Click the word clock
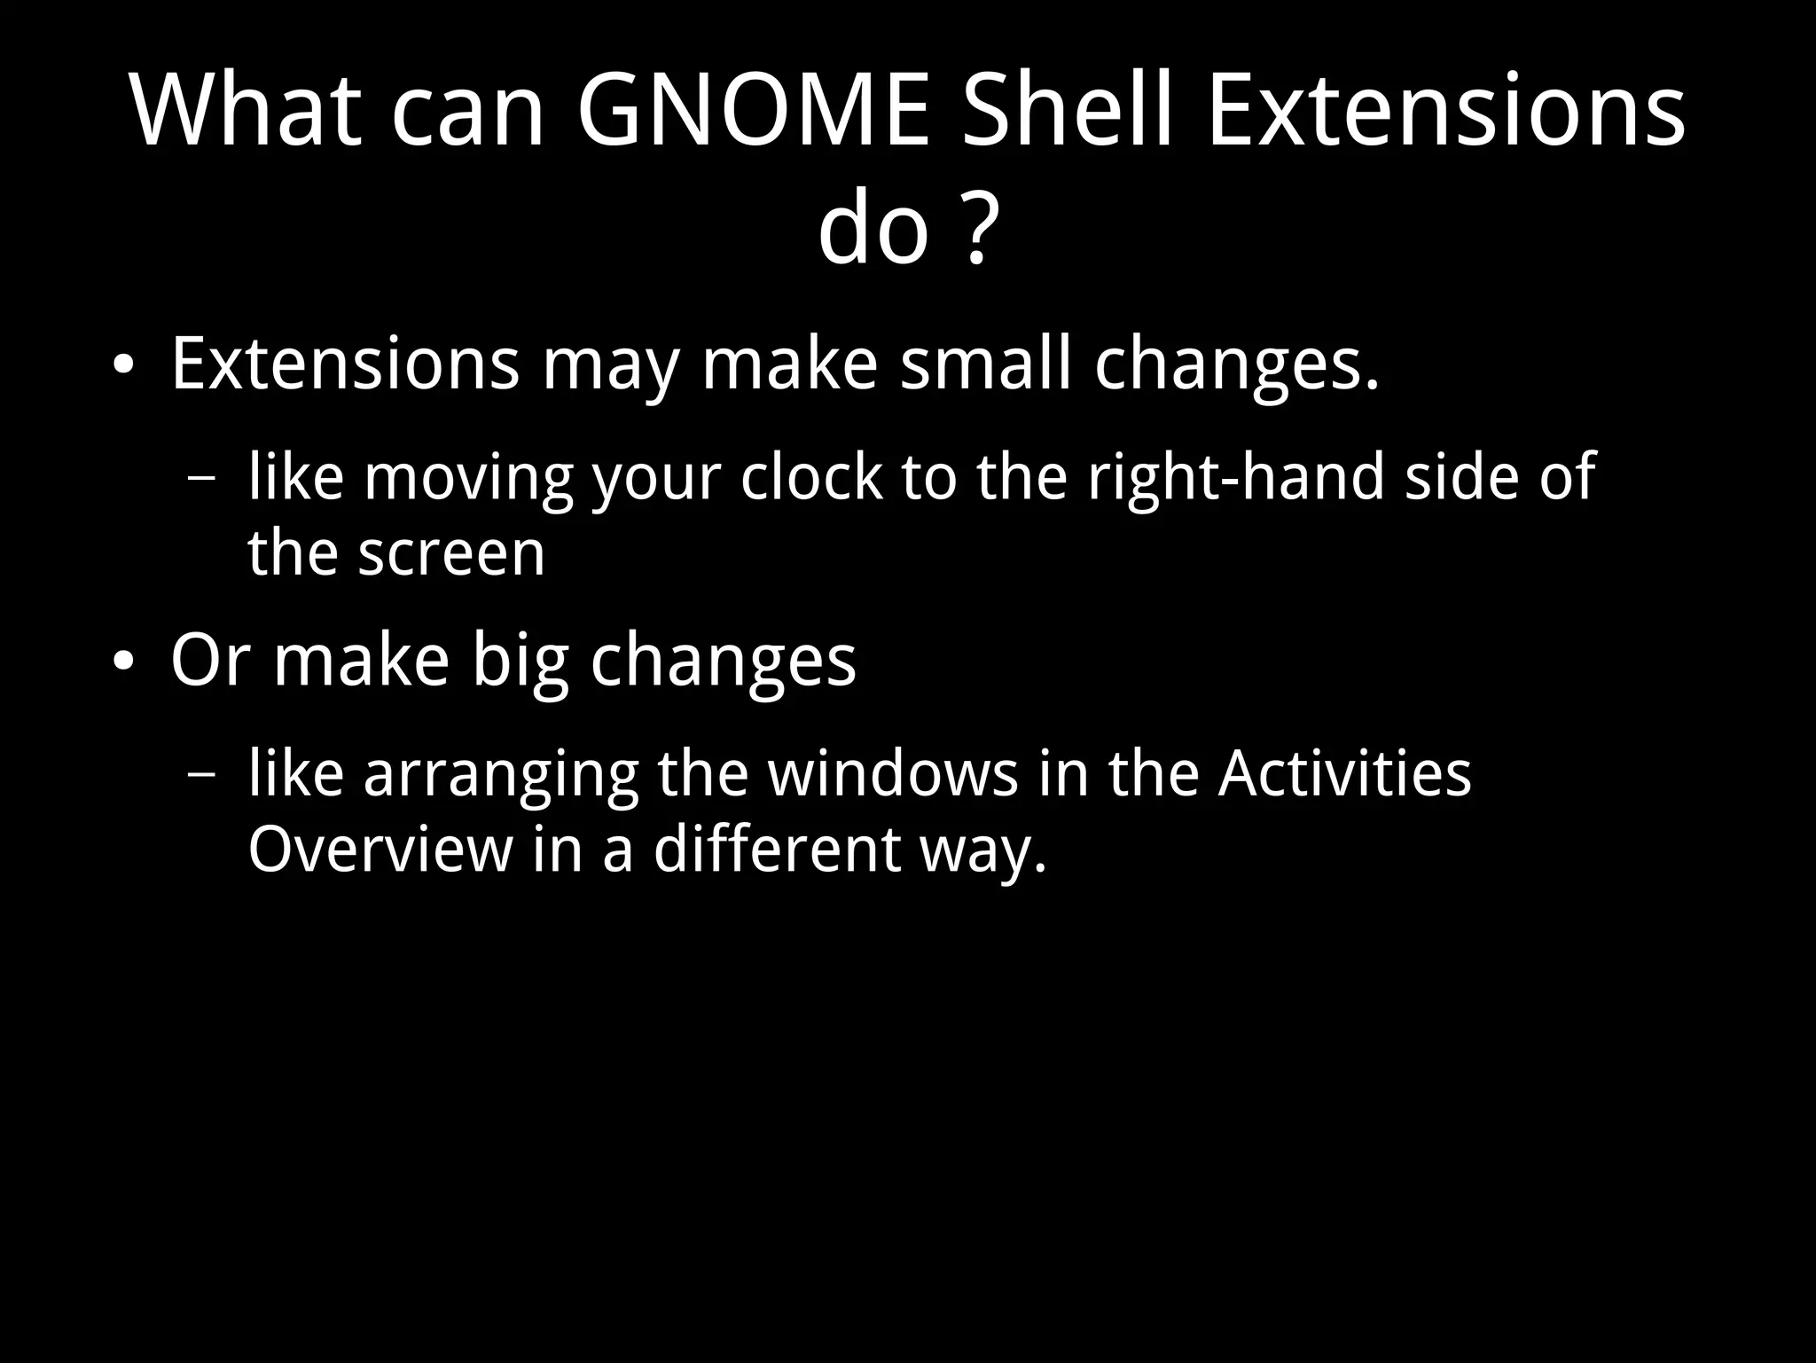click(811, 477)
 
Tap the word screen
click(451, 554)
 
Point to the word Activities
click(1343, 773)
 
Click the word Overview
click(380, 850)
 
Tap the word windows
click(893, 773)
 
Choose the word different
click(777, 850)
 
